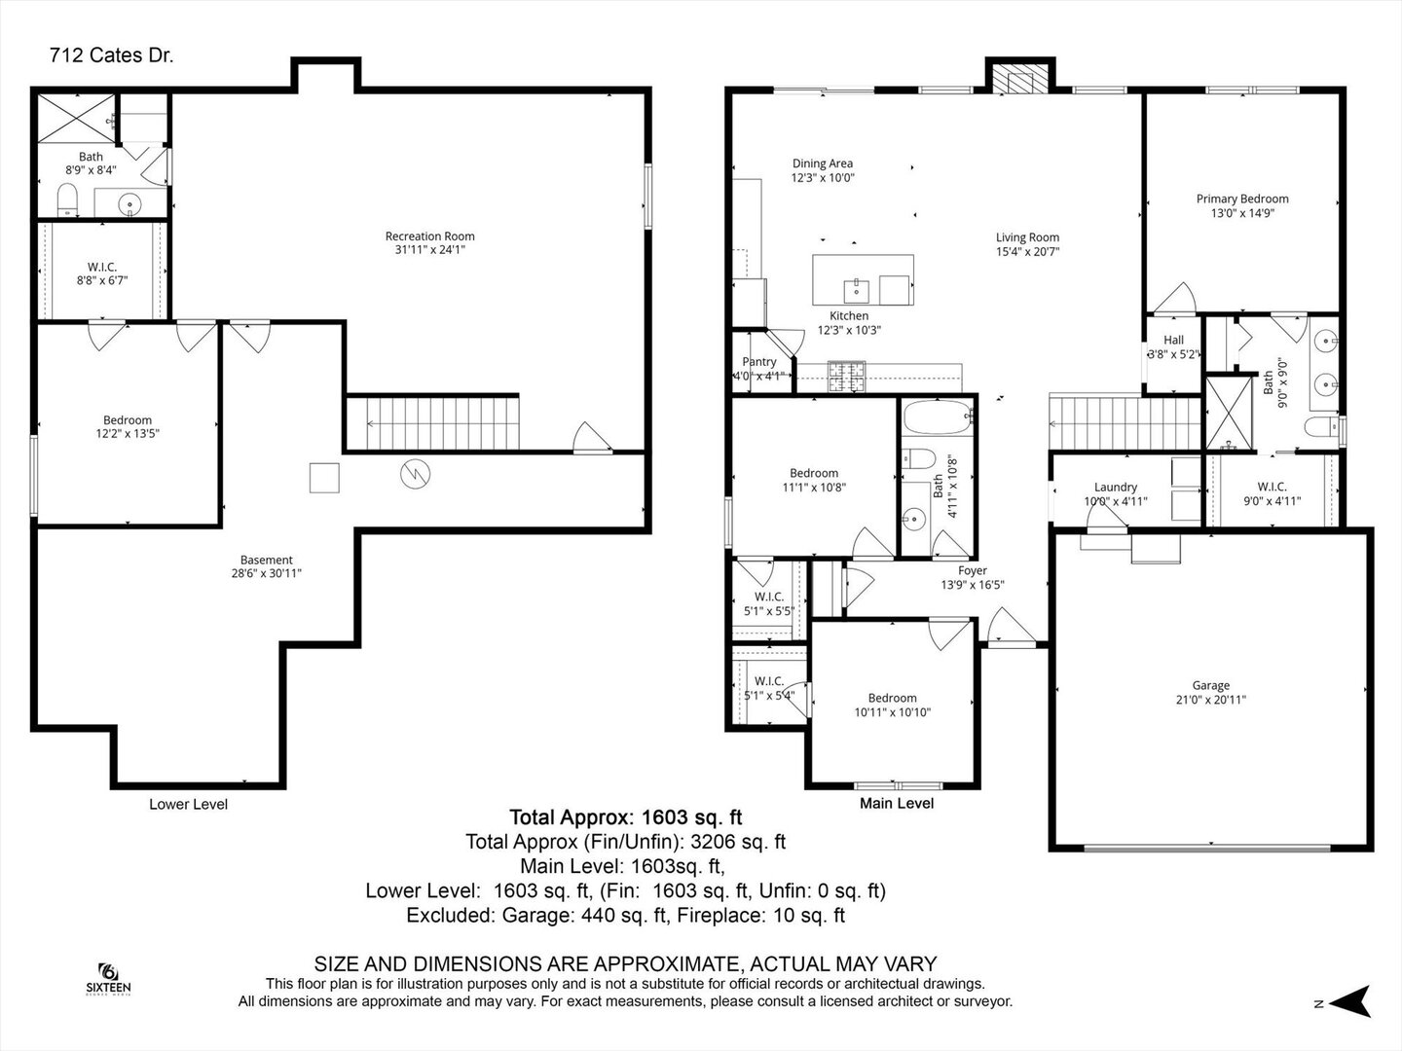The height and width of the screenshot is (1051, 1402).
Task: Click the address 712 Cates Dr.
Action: (111, 55)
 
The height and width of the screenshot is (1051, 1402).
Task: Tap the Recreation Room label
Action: (429, 236)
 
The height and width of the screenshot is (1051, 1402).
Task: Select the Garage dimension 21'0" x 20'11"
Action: (1210, 700)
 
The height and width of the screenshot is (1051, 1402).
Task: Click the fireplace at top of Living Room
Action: (1019, 80)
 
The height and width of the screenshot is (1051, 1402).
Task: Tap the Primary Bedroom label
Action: (1241, 199)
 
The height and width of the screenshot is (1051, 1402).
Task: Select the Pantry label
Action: (759, 362)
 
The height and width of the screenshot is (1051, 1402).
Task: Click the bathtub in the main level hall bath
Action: (938, 418)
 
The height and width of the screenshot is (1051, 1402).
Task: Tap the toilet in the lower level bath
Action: (67, 201)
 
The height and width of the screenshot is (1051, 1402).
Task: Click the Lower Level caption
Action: (188, 804)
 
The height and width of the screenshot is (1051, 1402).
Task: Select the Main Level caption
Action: (896, 804)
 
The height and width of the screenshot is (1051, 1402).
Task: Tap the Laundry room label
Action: (1115, 488)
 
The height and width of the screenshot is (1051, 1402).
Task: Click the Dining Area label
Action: (822, 163)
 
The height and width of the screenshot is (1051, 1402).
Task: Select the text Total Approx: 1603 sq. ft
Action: (625, 817)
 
